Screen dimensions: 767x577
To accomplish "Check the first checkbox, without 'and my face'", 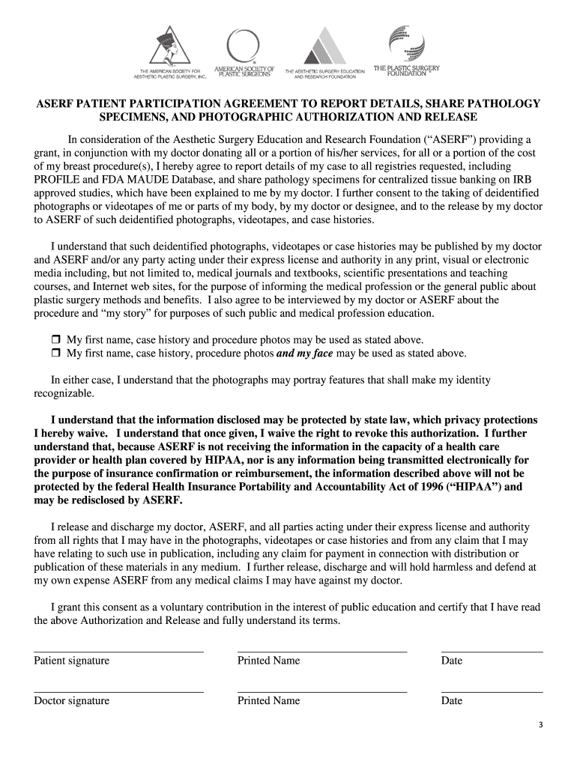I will point(55,339).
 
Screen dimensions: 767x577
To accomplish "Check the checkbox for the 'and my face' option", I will point(55,354).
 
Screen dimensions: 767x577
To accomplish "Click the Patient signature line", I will point(118,651).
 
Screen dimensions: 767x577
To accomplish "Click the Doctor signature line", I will point(118,691).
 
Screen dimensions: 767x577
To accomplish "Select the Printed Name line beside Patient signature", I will point(321,651).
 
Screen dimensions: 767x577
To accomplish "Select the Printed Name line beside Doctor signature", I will point(321,691).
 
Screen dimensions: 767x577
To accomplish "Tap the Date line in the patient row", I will point(492,651).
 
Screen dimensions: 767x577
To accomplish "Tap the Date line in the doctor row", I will point(492,691).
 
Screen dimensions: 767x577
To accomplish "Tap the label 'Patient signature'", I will point(71,661).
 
